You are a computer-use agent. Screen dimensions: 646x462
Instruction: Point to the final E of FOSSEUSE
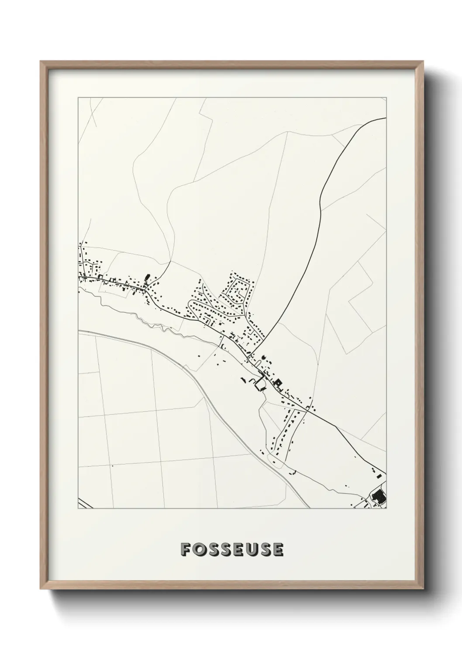click(278, 550)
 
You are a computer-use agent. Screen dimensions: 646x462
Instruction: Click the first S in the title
click(213, 550)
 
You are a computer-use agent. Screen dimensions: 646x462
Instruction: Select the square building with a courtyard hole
click(278, 383)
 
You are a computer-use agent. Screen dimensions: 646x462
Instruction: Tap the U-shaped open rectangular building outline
click(260, 384)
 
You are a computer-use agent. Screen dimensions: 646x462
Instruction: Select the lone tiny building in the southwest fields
click(112, 466)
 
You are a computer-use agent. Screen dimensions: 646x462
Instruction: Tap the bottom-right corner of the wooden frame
click(423, 590)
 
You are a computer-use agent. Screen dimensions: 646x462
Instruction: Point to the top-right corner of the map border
click(386, 98)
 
